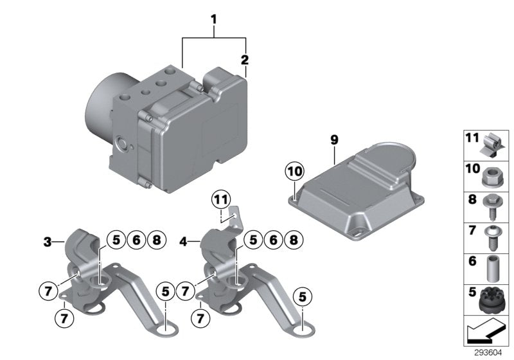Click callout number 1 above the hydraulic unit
tap(214, 20)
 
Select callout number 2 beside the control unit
tap(244, 61)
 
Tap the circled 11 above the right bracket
tap(221, 201)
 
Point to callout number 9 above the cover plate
tap(333, 139)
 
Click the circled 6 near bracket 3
tap(135, 240)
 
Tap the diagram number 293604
tap(490, 353)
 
